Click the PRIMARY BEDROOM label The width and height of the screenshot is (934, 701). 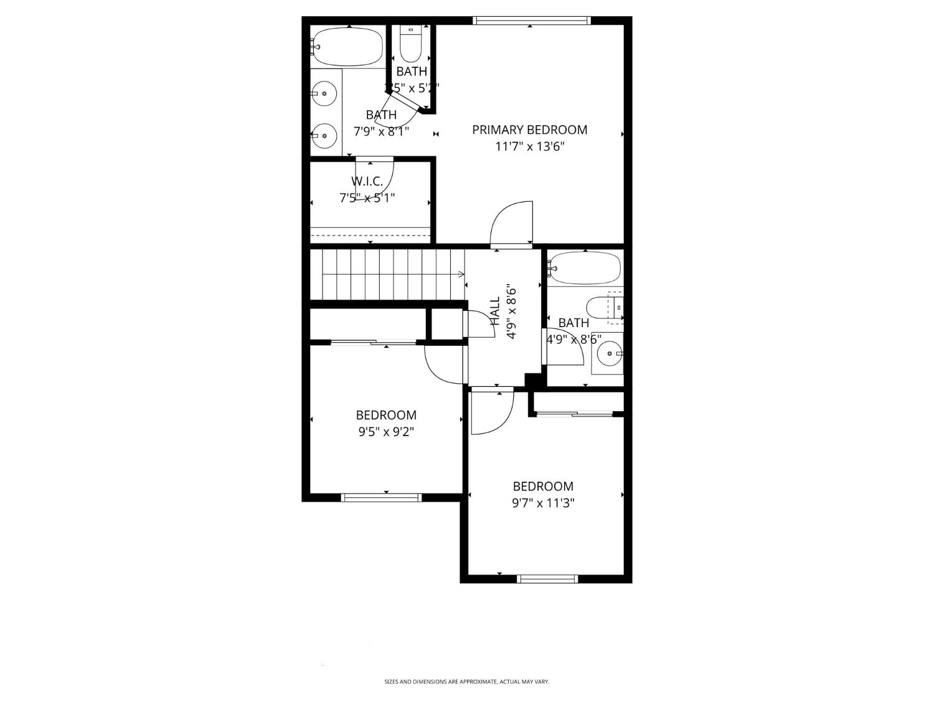pos(529,130)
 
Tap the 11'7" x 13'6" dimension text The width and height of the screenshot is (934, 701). pos(529,147)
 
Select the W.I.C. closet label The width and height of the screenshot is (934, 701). pos(367,181)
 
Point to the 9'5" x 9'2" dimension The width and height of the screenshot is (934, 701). pos(385,432)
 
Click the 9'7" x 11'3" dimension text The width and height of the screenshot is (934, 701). pos(543,503)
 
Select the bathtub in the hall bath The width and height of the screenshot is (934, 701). pos(585,268)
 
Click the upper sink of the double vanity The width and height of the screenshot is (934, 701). pos(324,94)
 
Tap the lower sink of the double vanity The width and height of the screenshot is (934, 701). pos(324,135)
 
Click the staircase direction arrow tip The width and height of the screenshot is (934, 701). pos(462,274)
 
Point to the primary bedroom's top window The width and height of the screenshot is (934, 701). pos(531,21)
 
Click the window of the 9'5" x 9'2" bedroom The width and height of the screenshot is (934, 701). pos(381,497)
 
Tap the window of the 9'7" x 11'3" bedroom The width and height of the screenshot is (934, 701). pos(547,579)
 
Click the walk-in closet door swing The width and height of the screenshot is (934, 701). pos(377,178)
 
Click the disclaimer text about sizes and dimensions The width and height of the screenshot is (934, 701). pos(466,682)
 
